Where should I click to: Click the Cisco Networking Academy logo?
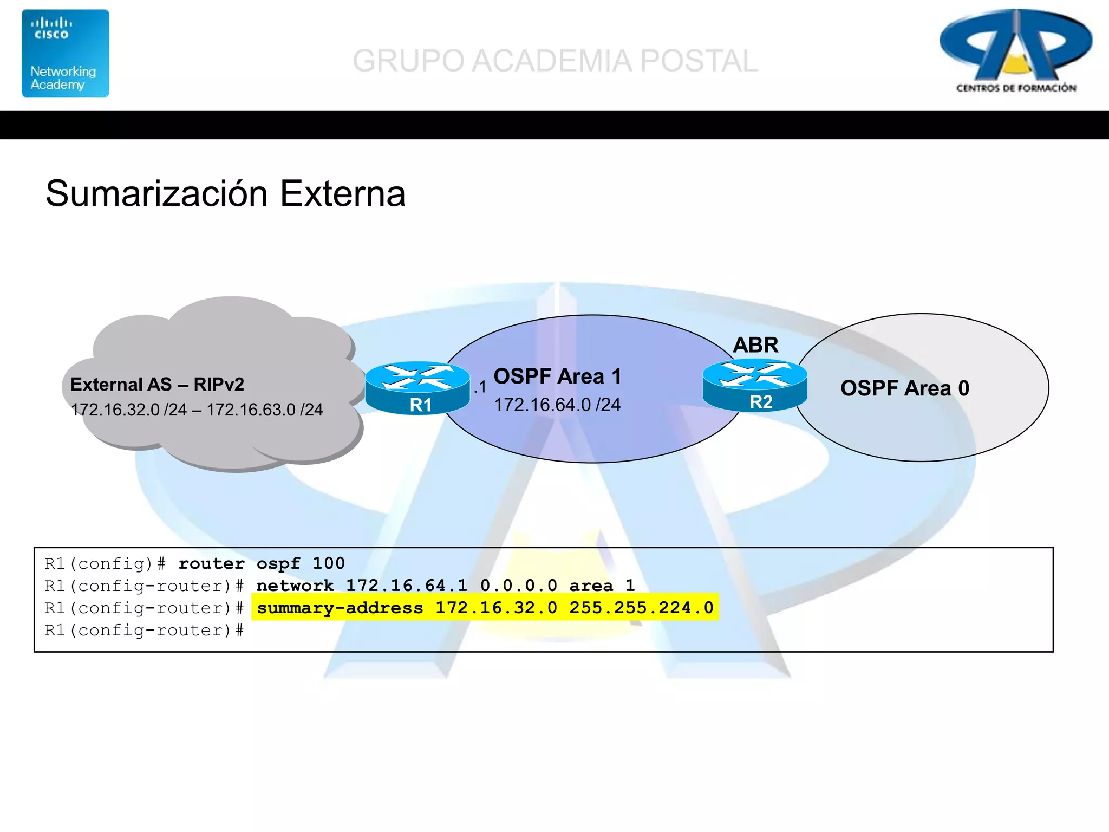(x=65, y=53)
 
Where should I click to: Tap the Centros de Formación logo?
(x=1016, y=51)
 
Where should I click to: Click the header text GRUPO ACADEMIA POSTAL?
(x=555, y=61)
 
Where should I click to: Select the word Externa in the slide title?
(x=343, y=194)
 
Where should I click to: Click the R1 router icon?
(x=417, y=388)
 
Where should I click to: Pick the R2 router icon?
(x=755, y=385)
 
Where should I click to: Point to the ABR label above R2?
(x=755, y=345)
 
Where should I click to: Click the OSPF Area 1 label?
(x=557, y=376)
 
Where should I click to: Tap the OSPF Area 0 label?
(x=904, y=388)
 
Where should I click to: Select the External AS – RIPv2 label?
(x=157, y=385)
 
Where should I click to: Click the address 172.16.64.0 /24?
(x=557, y=405)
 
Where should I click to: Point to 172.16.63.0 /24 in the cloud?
(x=265, y=409)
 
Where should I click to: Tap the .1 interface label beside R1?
(x=480, y=387)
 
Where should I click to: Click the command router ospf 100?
(x=262, y=564)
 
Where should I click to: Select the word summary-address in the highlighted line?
(x=340, y=608)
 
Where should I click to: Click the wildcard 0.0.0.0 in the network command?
(x=518, y=586)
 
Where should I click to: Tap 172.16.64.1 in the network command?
(x=406, y=586)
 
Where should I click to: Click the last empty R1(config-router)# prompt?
(x=144, y=630)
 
